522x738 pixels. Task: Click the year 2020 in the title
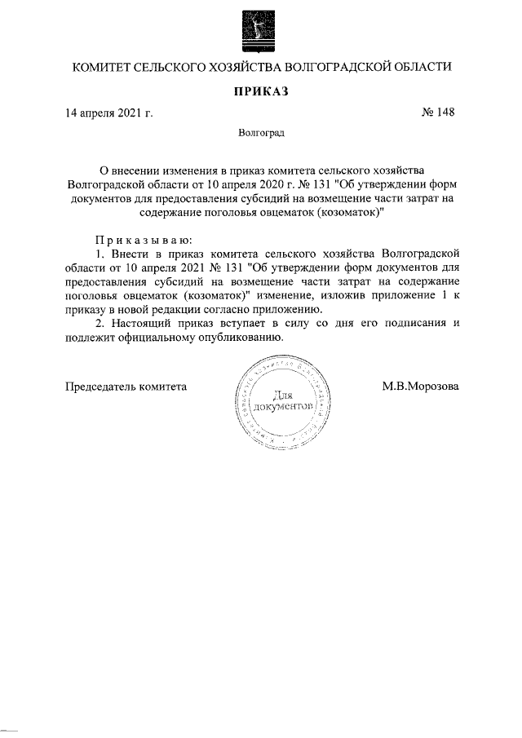click(x=265, y=185)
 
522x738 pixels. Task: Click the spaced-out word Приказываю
click(x=144, y=240)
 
